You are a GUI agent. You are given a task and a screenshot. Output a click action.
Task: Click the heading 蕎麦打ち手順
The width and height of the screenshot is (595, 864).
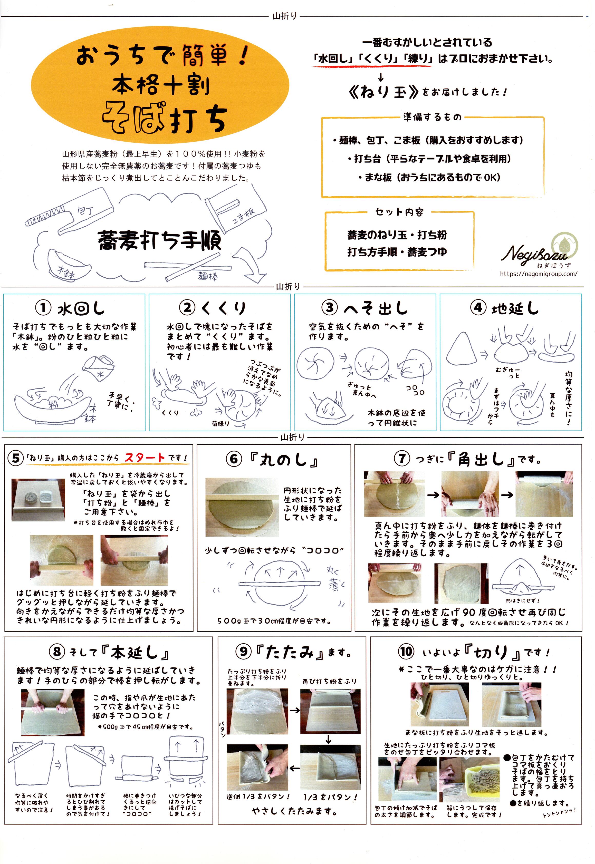(x=160, y=240)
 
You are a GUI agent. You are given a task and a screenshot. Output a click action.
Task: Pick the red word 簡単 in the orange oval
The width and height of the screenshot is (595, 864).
(x=205, y=57)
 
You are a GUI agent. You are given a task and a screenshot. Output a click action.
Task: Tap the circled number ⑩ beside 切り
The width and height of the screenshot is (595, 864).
(x=406, y=652)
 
